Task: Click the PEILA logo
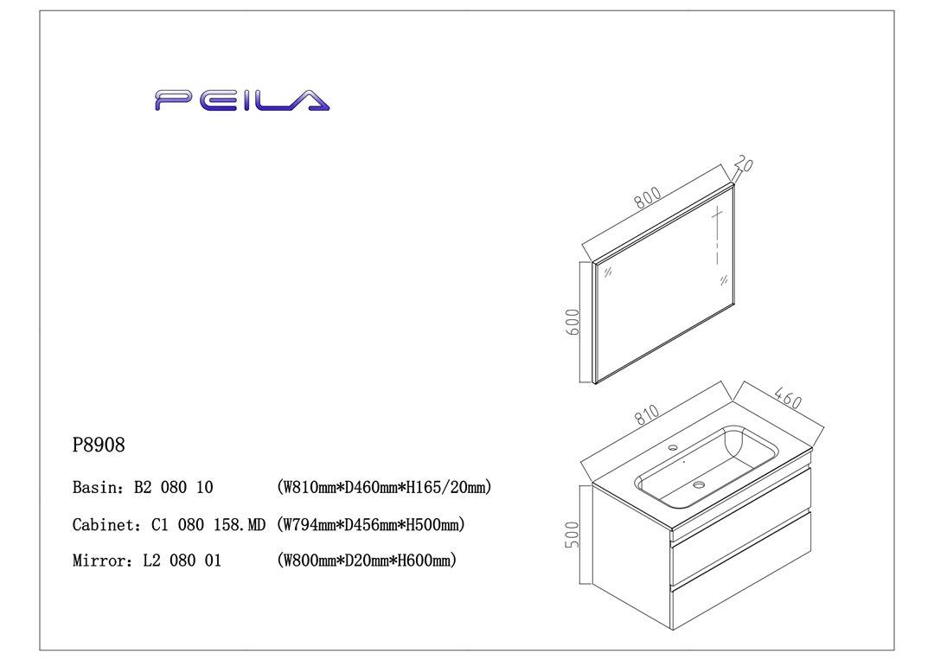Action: click(242, 99)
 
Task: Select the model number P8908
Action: click(99, 445)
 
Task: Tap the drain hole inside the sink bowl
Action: click(699, 485)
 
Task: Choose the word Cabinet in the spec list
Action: click(101, 524)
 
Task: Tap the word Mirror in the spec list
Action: click(99, 561)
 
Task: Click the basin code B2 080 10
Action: click(173, 488)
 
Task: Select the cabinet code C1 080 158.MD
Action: click(208, 524)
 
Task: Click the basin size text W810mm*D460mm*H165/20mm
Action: click(384, 488)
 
